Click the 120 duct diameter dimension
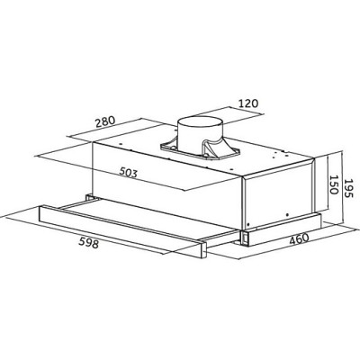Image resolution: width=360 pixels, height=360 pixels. pos(248,103)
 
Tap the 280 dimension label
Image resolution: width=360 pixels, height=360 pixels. pos(105,122)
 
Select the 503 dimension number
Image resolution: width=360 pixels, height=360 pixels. pos(129,172)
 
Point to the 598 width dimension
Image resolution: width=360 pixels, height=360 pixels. pos(88,243)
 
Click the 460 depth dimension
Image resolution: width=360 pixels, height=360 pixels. pos(299,239)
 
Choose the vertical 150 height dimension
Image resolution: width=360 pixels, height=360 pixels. pos(333,184)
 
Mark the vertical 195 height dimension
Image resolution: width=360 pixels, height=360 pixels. pos(349,188)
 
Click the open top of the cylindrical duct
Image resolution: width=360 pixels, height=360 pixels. pos(201,123)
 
